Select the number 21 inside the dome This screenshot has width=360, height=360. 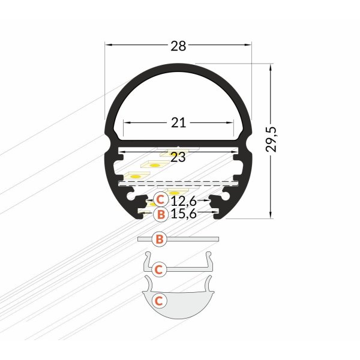[178, 123]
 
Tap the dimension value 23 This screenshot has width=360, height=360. [178, 158]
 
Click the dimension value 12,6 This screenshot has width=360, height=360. [184, 200]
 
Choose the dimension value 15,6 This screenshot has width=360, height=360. [184, 214]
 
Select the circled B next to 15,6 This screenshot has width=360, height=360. [160, 214]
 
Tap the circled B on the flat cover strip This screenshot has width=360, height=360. [159, 239]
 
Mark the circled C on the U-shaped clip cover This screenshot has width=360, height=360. [159, 269]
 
